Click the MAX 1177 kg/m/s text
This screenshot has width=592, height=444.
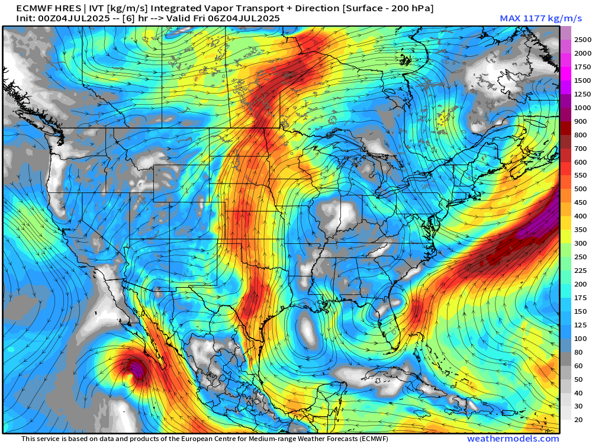529,18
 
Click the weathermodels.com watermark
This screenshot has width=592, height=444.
513,439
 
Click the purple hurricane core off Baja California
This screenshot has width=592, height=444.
137,372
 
